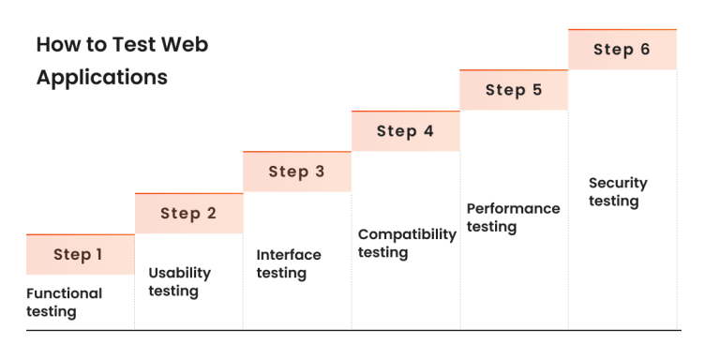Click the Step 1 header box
[x=80, y=255]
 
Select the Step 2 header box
[x=188, y=214]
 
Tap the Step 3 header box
[x=297, y=172]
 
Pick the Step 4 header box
[x=406, y=131]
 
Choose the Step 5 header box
[x=514, y=90]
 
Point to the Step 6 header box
[x=622, y=50]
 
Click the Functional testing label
[x=64, y=302]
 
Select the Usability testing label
[x=179, y=282]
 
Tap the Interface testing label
[x=289, y=263]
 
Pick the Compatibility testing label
[x=407, y=243]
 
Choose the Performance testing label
[x=513, y=217]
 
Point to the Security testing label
[x=618, y=192]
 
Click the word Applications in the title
[x=102, y=78]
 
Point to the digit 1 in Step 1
[x=98, y=255]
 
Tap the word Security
[x=618, y=183]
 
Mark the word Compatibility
[x=407, y=233]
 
